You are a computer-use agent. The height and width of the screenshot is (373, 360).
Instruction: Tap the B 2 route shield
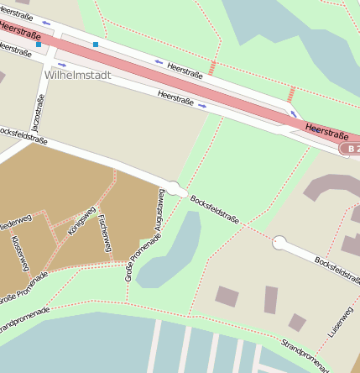pyautogui.click(x=351, y=149)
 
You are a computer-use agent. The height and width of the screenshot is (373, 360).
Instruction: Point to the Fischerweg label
pyautogui.click(x=104, y=234)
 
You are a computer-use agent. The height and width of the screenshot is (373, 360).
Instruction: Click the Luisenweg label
pyautogui.click(x=337, y=323)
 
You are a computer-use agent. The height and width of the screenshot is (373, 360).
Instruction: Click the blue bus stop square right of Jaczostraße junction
pyautogui.click(x=96, y=44)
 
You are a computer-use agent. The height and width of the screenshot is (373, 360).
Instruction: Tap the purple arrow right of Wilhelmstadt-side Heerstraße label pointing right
pyautogui.click(x=202, y=106)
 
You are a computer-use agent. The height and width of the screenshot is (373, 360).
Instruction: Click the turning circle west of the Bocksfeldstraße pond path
pyautogui.click(x=176, y=190)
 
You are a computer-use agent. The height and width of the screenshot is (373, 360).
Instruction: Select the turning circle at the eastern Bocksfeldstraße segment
pyautogui.click(x=279, y=244)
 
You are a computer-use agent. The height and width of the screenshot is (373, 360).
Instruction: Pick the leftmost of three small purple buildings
pyautogui.click(x=227, y=296)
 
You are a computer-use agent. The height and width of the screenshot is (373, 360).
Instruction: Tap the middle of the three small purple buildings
pyautogui.click(x=271, y=299)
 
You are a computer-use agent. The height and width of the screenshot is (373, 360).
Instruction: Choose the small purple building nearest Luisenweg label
pyautogui.click(x=297, y=322)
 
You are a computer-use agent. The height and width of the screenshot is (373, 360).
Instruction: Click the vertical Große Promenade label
pyautogui.click(x=130, y=260)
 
